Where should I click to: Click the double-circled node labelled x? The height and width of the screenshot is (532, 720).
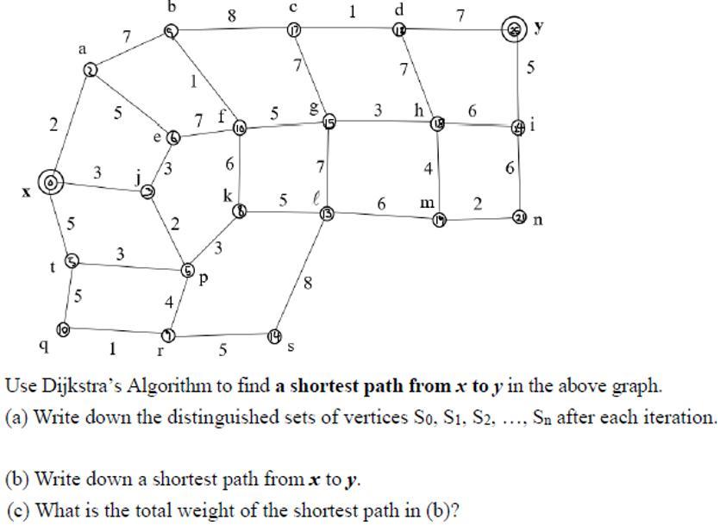[52, 182]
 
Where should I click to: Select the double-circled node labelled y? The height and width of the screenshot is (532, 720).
[515, 30]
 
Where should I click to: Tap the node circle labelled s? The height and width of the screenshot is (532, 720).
[274, 335]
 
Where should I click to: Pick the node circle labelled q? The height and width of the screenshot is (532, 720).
[62, 329]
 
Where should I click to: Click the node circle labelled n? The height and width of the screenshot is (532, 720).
[519, 216]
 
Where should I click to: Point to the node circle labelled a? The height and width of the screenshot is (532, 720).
[91, 70]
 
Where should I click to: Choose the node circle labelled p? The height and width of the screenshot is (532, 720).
[188, 270]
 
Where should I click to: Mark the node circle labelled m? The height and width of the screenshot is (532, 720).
[440, 221]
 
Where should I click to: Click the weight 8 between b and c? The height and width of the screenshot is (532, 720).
[231, 15]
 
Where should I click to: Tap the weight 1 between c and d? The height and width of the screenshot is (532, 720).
[352, 12]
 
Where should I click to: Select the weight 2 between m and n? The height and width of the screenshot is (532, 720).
[478, 203]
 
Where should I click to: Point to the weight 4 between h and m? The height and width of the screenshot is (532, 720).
[428, 170]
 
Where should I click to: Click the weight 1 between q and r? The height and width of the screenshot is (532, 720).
[112, 348]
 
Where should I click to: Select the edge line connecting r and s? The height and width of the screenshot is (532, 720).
[222, 335]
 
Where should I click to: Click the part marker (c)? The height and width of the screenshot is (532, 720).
[17, 510]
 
